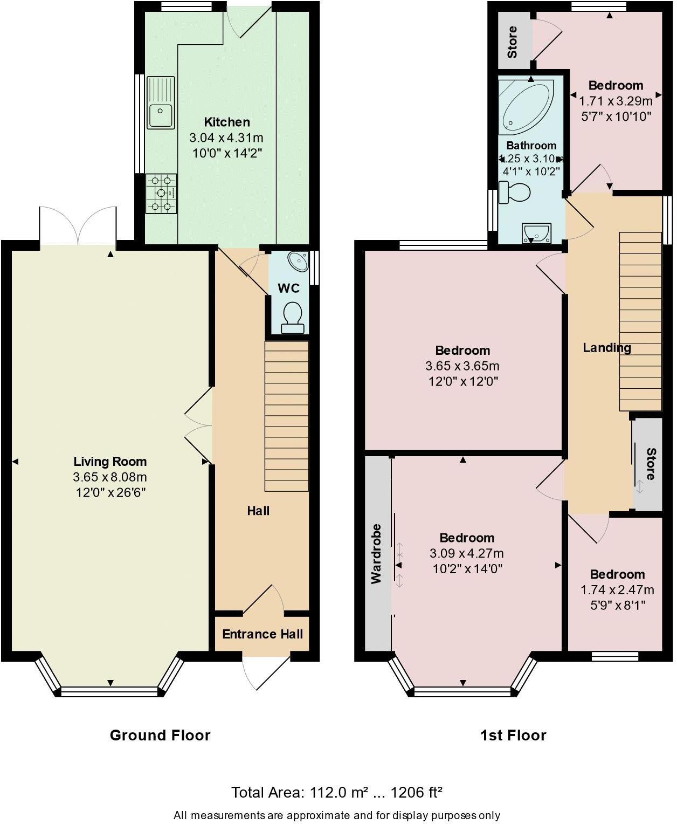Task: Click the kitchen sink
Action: coord(161,102)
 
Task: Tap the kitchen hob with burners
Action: coord(161,193)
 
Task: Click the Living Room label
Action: coord(110,462)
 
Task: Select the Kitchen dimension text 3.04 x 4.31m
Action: coord(226,138)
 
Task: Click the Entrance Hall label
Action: coord(262,634)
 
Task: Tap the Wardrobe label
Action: coord(376,553)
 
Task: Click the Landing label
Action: coord(607,348)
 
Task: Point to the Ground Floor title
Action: coord(160,735)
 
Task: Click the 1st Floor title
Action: coord(513,735)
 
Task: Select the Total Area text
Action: coord(337,792)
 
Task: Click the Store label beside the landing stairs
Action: coord(650,464)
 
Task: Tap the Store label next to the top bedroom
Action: coord(512,42)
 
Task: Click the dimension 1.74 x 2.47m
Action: coord(617,589)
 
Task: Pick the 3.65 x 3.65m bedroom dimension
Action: coord(462,366)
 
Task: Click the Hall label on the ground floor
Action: coord(258,511)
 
